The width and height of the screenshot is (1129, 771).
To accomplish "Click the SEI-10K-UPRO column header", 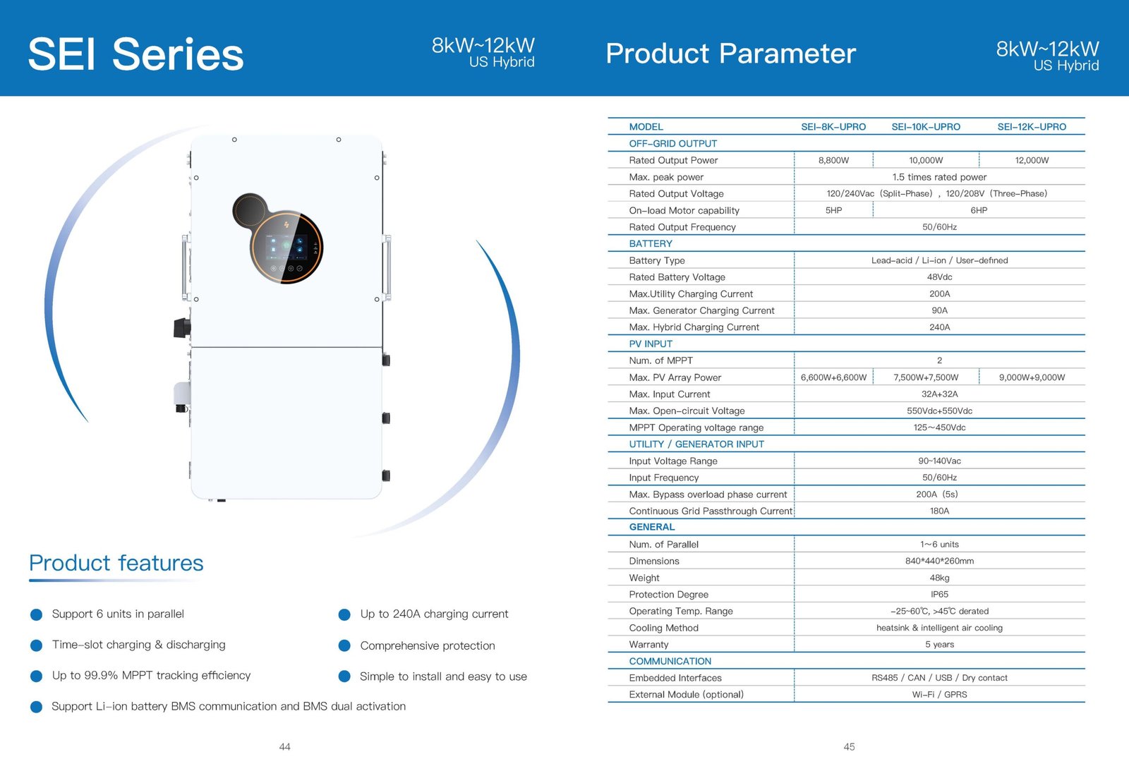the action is (x=925, y=127).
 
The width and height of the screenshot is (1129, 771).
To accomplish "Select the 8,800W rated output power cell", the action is (x=833, y=160).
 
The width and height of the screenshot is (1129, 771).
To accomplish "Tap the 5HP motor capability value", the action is (x=833, y=210).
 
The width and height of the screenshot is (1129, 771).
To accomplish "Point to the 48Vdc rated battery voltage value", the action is (x=939, y=277).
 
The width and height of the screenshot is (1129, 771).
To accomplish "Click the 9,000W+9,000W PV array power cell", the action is (x=1032, y=377).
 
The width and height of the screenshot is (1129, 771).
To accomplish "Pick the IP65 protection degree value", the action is (x=939, y=595).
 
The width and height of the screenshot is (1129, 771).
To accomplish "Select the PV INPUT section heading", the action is (x=650, y=344).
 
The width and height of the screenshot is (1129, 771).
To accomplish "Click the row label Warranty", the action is (x=648, y=645).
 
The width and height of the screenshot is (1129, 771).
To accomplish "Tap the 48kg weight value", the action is (x=939, y=578).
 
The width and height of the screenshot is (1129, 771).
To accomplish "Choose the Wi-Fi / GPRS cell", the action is (x=939, y=694).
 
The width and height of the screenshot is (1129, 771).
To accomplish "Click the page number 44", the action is (x=285, y=747).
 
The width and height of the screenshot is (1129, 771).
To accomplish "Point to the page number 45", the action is (x=849, y=747).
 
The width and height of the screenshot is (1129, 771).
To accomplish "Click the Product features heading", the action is (x=116, y=563).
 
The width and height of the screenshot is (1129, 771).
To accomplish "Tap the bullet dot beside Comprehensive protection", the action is (x=344, y=645).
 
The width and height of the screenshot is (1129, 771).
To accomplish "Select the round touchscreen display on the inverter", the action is (x=286, y=247).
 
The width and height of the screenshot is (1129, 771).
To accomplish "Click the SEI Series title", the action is (x=135, y=54).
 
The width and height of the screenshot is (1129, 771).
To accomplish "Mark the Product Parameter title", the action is (x=730, y=54).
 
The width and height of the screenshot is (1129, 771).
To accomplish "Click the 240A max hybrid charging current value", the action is (x=939, y=327).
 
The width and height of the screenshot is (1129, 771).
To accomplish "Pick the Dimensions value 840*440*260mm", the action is (x=939, y=561).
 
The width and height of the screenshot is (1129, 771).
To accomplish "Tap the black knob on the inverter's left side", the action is (x=182, y=327).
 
